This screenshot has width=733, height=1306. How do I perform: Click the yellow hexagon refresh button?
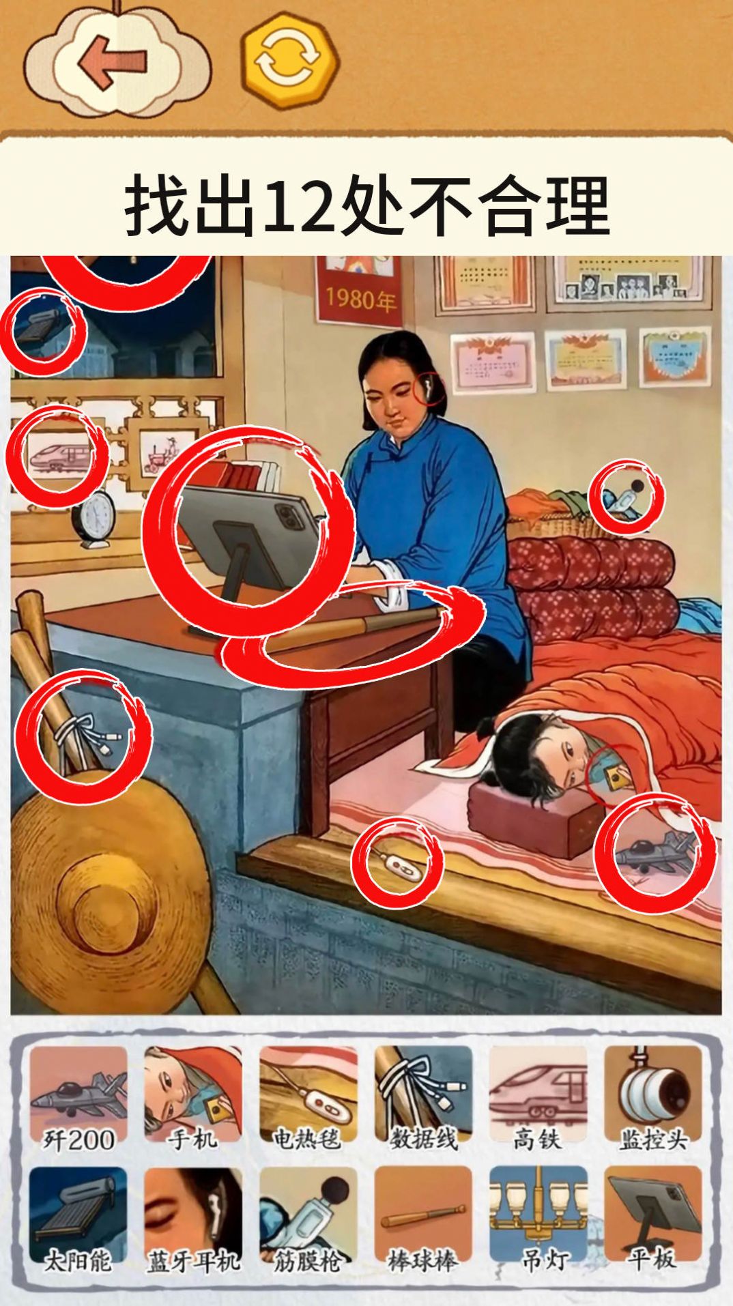tap(289, 60)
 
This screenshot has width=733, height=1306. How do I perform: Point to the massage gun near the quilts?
tap(626, 497)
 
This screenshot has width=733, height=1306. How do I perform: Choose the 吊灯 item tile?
tap(538, 1221)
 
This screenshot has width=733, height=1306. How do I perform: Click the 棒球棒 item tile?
tap(423, 1221)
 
